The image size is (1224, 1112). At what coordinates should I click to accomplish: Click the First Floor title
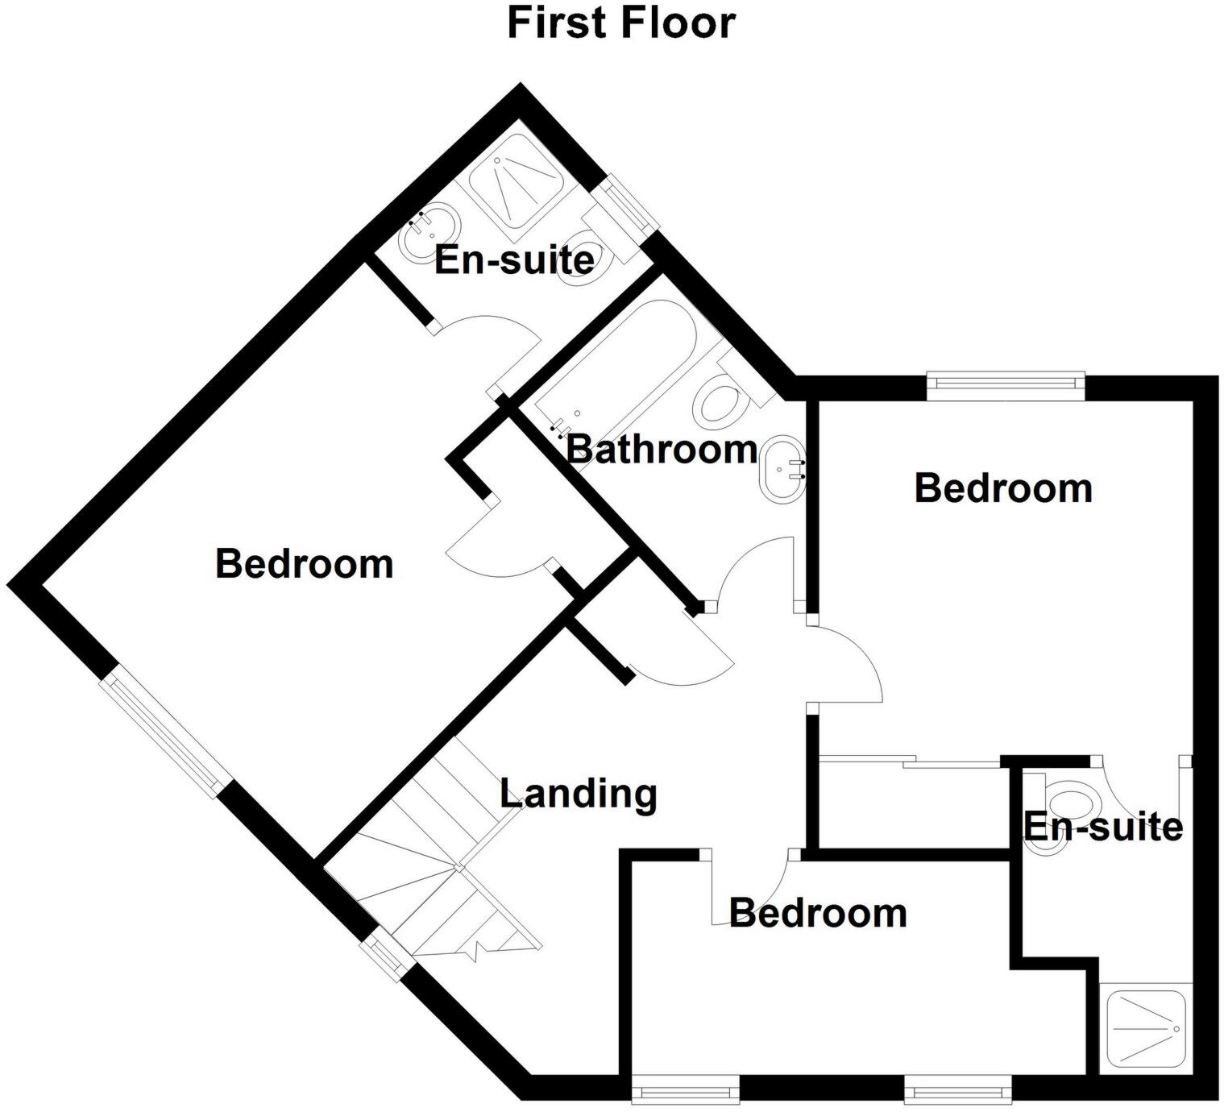pos(620,23)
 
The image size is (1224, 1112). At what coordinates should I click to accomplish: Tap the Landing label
pos(579,794)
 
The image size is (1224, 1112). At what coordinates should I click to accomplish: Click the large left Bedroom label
pos(304,563)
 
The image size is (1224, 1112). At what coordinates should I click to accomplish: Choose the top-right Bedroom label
pos(1003,488)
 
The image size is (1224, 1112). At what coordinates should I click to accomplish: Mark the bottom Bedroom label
pos(818,913)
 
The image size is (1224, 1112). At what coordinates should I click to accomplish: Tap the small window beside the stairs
pos(385,956)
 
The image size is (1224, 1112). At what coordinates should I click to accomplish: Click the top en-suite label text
pos(514,260)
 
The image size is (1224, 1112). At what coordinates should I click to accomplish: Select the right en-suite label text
pos(1103,827)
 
